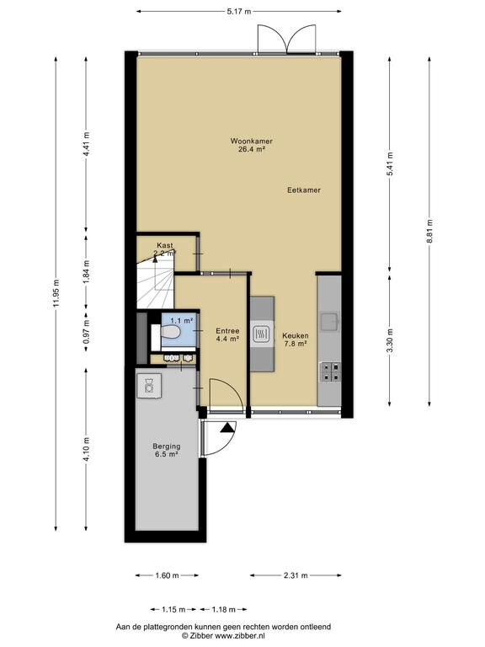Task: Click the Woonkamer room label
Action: (x=251, y=142)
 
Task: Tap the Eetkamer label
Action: (x=304, y=190)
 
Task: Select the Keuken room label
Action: (x=296, y=335)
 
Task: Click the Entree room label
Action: (x=227, y=331)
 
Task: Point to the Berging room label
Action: (x=167, y=446)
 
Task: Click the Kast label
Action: (x=165, y=245)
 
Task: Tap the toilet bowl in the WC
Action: (x=169, y=332)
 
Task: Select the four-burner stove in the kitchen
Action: (x=331, y=372)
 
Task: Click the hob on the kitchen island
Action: (x=262, y=334)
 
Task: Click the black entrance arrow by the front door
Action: (x=227, y=427)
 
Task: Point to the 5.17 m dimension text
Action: (x=239, y=12)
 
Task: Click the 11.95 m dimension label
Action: (x=56, y=293)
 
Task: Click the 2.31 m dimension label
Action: (x=296, y=575)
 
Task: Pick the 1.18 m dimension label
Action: (x=223, y=609)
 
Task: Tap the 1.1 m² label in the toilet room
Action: (x=182, y=320)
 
